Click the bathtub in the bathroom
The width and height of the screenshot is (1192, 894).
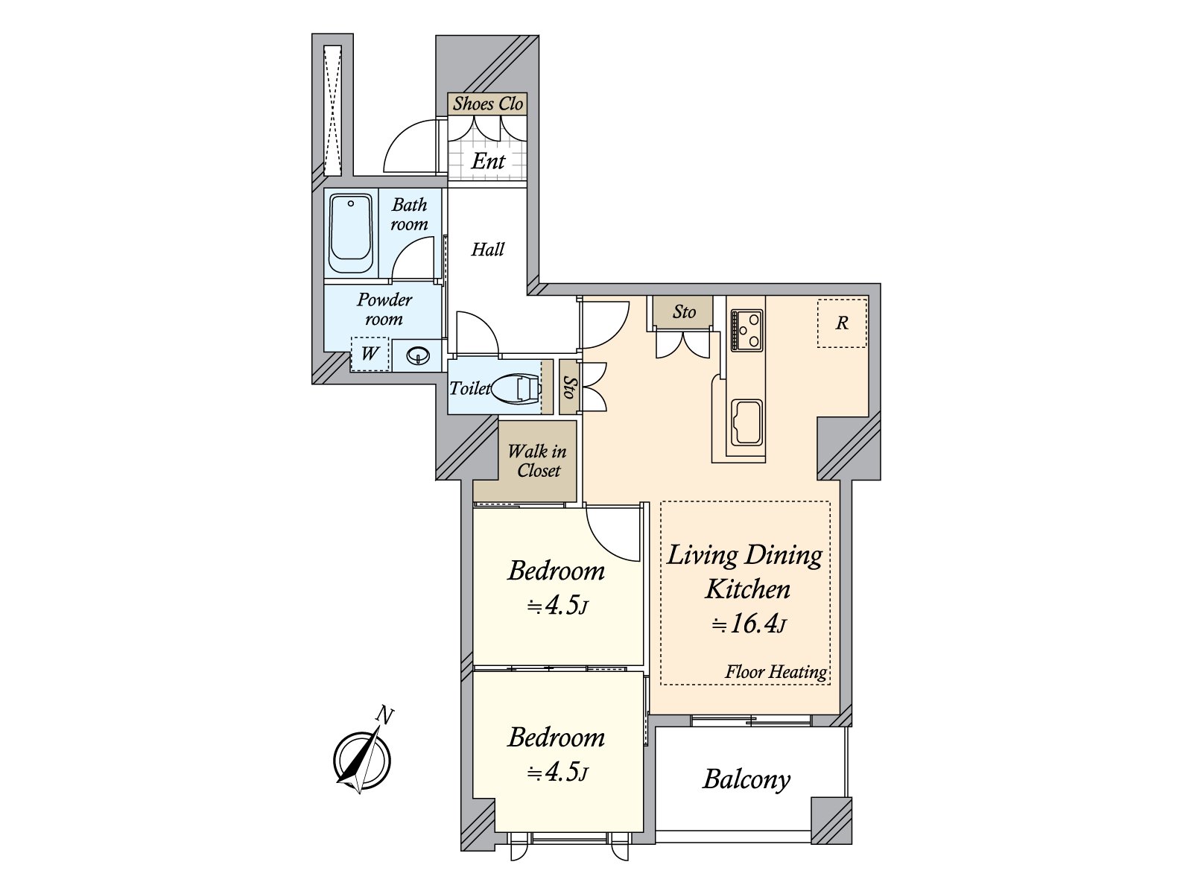coord(351,234)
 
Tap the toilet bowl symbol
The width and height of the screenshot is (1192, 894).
coord(516,389)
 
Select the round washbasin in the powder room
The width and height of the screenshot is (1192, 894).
coord(418,356)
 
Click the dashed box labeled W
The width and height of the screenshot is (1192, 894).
coord(370,354)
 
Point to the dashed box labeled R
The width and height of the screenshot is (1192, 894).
coord(842,323)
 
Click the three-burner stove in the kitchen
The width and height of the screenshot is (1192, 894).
coord(746,330)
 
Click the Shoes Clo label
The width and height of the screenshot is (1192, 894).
coord(488,103)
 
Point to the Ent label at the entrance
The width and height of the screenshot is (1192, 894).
coord(488,161)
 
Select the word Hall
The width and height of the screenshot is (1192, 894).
coord(488,249)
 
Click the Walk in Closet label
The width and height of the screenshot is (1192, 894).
coord(538,461)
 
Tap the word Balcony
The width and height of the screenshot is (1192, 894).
coord(746,780)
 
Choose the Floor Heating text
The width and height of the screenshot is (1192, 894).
coord(776,672)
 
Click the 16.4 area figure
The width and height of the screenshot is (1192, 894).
coord(754,624)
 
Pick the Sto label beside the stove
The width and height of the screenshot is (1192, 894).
coord(684,311)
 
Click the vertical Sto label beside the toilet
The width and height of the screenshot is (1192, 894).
coord(568,387)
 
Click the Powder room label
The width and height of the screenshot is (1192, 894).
coord(384,309)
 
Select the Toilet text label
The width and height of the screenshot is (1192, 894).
coord(470,389)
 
